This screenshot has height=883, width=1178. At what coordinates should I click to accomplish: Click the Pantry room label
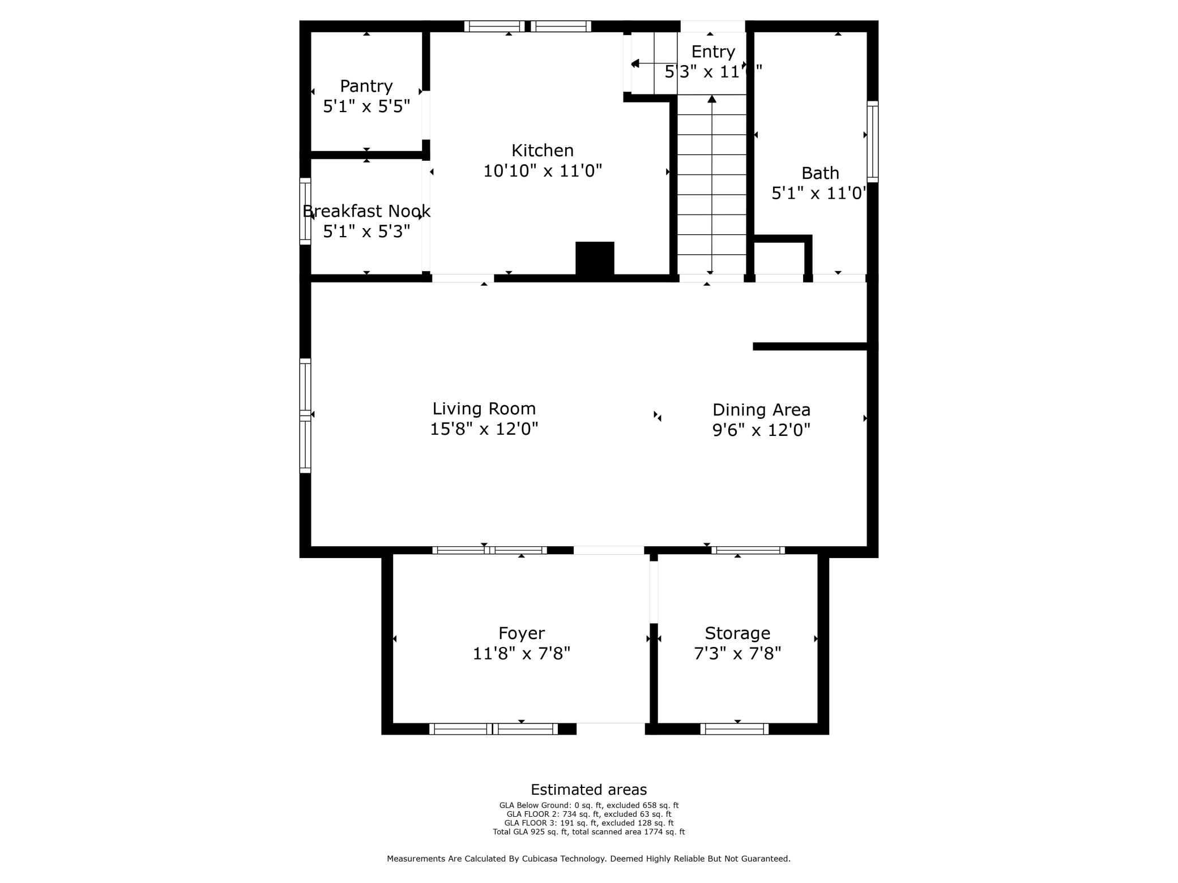point(366,86)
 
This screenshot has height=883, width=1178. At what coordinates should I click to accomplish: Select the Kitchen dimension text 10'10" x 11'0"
point(542,171)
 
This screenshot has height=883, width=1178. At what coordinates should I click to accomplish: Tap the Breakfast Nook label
point(366,211)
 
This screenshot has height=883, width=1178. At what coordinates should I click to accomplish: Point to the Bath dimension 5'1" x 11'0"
point(818,194)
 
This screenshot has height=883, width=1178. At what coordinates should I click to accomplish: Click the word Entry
point(713,52)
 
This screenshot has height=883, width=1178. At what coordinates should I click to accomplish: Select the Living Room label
point(484,409)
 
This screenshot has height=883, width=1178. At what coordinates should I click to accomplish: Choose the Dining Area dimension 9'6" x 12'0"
point(761,430)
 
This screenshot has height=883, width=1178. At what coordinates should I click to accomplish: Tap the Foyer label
point(521,633)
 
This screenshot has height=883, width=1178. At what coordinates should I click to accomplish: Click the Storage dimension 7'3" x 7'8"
point(737,654)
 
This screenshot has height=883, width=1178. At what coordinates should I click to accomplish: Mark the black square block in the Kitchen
point(595,259)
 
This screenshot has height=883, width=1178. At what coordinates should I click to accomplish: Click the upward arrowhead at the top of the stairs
point(712,99)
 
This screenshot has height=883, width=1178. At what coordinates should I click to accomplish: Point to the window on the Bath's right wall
point(873,142)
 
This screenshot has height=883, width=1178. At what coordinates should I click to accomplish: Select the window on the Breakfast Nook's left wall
point(305,211)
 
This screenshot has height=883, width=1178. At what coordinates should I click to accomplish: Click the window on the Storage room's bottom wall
point(734,729)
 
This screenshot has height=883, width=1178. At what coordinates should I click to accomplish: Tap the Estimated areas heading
point(588,790)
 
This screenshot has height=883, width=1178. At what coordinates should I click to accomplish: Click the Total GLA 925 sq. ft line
point(588,832)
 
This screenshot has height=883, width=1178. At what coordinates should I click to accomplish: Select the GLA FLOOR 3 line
point(588,823)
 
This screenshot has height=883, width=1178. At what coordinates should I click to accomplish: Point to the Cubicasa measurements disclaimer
point(588,859)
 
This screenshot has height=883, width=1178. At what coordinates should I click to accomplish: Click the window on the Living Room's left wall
point(305,415)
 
